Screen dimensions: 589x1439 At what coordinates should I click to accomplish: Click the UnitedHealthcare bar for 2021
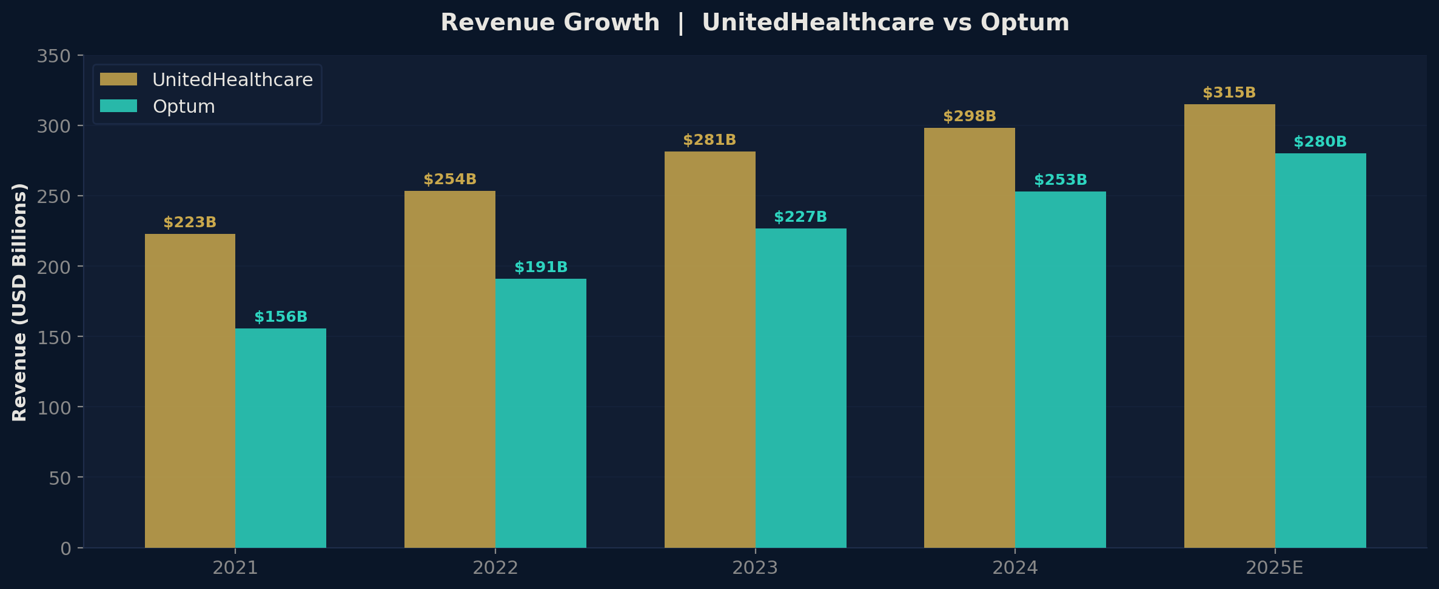pos(190,391)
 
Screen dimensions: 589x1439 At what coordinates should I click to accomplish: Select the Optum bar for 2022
pos(540,413)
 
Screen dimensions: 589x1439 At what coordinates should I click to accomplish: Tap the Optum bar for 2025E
pos(1320,350)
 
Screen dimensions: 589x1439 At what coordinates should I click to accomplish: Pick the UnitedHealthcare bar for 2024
pos(969,338)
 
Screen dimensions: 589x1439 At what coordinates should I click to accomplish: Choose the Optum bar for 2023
pos(800,388)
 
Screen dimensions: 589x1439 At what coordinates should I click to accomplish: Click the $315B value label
pos(1229,93)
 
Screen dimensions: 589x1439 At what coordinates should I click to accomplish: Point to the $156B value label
pos(281,317)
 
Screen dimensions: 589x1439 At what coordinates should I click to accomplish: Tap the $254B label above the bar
pos(450,179)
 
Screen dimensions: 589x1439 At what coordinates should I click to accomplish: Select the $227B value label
pos(800,217)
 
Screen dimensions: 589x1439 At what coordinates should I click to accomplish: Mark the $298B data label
pos(969,116)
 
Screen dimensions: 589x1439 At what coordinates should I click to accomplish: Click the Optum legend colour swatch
pos(119,106)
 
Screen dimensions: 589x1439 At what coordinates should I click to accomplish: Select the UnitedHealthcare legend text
pos(232,80)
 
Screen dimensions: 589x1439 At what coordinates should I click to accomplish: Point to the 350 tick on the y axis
pos(54,56)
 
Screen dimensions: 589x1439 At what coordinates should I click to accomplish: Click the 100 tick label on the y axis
pos(54,408)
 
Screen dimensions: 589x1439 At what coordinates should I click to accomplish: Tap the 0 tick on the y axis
pos(65,548)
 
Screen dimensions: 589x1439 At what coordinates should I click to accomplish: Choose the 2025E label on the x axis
pos(1274,568)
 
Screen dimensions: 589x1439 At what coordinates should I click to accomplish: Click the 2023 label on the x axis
pos(755,568)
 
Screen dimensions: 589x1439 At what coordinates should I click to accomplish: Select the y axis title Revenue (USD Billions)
pos(20,302)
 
